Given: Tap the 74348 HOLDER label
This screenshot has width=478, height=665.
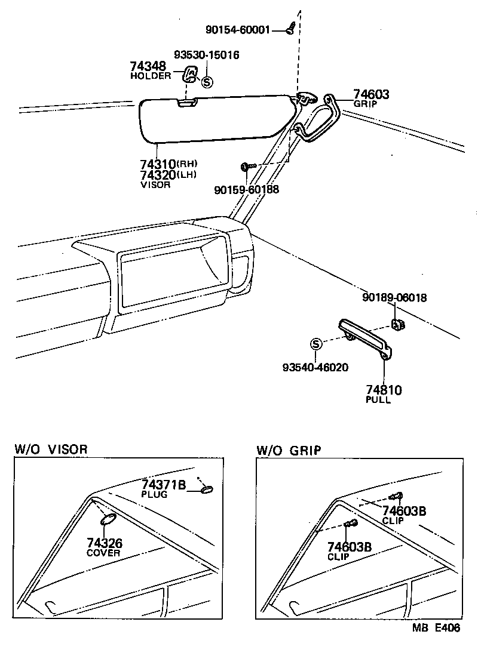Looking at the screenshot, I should click(149, 70).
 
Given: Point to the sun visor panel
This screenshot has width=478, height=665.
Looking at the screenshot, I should click(215, 119).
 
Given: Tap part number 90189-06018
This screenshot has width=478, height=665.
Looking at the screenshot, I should click(394, 297).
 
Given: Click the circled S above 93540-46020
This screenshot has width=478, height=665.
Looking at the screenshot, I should click(316, 344).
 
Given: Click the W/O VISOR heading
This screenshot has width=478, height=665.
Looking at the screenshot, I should click(51, 449).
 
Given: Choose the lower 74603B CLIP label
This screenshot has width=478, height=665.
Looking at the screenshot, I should click(350, 550).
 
